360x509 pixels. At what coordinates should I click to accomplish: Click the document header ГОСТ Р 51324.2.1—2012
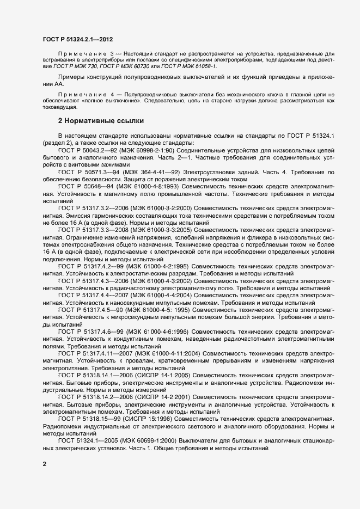pyautogui.click(x=78, y=40)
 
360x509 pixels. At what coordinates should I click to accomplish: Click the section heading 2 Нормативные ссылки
pyautogui.click(x=96, y=120)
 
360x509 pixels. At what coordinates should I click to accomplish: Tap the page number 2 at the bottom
pyautogui.click(x=44, y=464)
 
